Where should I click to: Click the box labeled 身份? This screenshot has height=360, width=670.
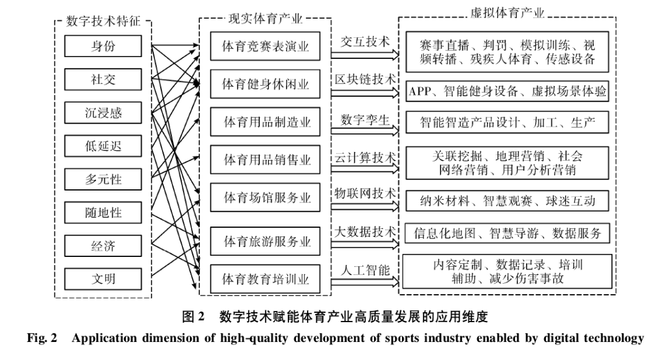[103, 46]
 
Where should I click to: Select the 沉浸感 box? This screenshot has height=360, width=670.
[103, 113]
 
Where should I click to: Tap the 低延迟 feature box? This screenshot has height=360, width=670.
[103, 146]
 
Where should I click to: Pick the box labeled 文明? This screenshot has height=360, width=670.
[103, 279]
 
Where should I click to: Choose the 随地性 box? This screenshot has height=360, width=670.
[103, 212]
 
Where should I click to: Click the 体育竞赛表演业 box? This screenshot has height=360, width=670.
[265, 46]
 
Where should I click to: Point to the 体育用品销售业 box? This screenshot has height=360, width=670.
[265, 160]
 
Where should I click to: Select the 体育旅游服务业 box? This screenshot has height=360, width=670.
[265, 241]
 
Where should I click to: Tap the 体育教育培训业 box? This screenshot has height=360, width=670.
[265, 279]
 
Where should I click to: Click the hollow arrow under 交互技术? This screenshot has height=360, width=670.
[365, 55]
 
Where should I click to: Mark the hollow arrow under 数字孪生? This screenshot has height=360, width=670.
[365, 131]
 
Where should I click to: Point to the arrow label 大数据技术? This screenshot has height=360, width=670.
[365, 232]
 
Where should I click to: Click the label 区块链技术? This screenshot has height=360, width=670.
[365, 79]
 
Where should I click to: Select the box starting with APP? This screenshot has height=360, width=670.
[507, 91]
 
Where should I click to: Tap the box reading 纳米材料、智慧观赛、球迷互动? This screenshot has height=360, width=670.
[507, 201]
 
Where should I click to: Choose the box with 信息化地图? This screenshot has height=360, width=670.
[507, 233]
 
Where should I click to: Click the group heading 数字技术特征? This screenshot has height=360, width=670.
[103, 21]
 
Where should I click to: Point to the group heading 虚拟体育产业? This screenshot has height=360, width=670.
[507, 13]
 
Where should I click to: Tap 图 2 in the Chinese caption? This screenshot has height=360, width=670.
[193, 317]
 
